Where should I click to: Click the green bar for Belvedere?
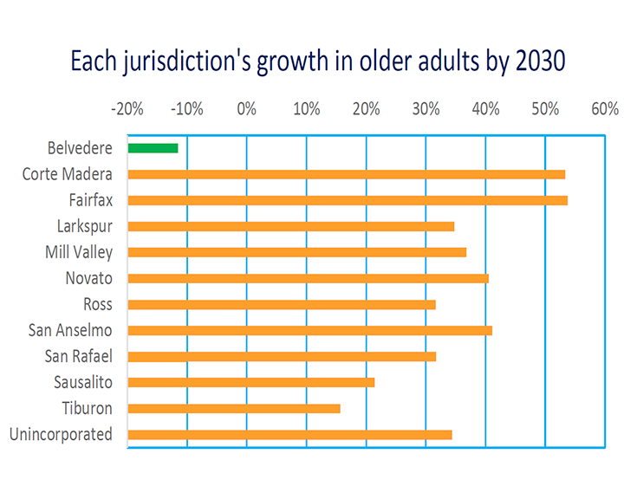click(x=153, y=148)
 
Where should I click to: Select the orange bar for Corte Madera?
click(x=346, y=174)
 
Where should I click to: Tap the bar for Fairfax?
click(x=348, y=200)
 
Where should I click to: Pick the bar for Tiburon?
click(x=234, y=408)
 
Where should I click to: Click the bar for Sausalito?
click(x=250, y=382)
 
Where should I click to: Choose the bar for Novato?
click(x=308, y=278)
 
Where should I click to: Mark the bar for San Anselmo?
click(x=309, y=330)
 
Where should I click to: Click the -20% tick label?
click(x=127, y=109)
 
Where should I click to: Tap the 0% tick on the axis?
click(x=247, y=109)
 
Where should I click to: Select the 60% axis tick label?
click(x=605, y=109)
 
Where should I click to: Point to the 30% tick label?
click(x=426, y=109)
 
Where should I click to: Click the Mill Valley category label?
click(x=79, y=252)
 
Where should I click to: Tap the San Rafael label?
click(x=79, y=356)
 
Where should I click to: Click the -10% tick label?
click(x=187, y=109)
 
